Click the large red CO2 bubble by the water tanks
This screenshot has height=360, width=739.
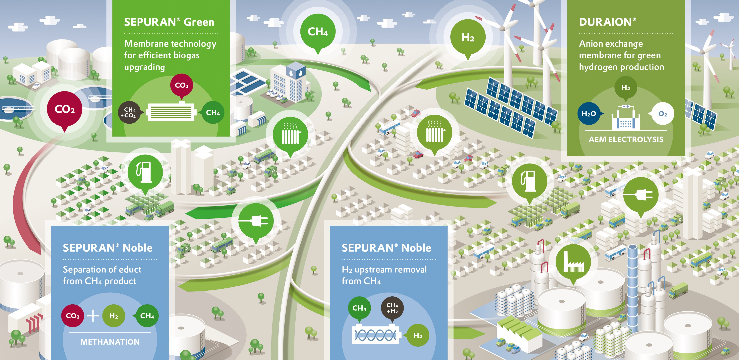point(65,109)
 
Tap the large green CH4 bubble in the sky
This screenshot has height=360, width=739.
point(318,31)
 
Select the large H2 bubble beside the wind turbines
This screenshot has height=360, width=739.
point(468,37)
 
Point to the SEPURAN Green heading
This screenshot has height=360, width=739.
point(169,22)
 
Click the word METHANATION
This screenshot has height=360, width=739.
point(110,342)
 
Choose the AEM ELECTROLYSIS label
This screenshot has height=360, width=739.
point(626,139)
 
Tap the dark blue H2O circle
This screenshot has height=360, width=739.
point(589,114)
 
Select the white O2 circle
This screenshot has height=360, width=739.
point(663,114)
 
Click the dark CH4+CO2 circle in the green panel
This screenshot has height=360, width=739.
point(129,112)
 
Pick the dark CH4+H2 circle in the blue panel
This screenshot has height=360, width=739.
point(392,308)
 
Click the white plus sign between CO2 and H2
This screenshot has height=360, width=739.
point(93,316)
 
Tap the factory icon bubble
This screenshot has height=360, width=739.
point(573,262)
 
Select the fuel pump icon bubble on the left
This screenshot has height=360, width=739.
point(145,172)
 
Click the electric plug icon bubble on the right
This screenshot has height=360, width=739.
point(641,195)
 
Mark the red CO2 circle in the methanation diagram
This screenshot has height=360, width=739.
point(73,316)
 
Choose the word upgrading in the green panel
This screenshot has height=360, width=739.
point(145,67)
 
